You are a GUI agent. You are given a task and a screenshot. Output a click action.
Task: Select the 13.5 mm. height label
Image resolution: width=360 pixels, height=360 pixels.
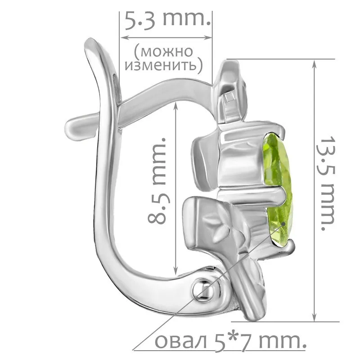tap(327, 183)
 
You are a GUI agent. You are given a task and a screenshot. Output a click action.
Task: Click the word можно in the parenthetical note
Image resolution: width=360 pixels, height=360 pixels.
tap(164, 52)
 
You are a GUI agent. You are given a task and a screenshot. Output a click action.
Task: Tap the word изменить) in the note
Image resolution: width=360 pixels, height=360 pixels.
tap(164, 66)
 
